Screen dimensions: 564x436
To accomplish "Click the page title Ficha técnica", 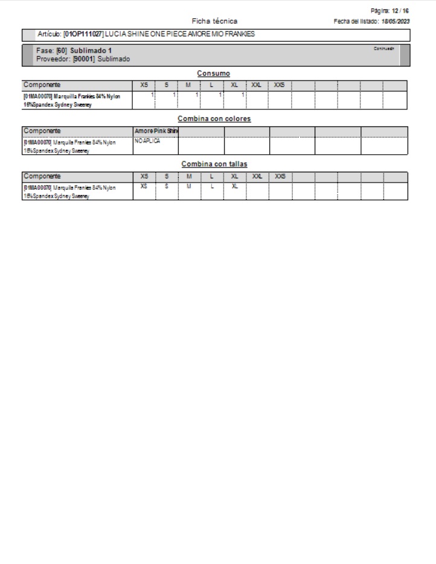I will pyautogui.click(x=214, y=21).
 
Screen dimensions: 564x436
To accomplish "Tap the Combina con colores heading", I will pyautogui.click(x=214, y=119).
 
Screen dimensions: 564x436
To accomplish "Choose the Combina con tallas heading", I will pyautogui.click(x=214, y=164).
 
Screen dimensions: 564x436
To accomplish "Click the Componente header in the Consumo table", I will pyautogui.click(x=42, y=85).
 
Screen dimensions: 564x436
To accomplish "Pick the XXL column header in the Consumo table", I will pyautogui.click(x=257, y=85).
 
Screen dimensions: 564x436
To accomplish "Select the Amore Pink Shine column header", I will pyautogui.click(x=156, y=131).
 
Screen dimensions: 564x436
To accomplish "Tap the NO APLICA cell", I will pyautogui.click(x=148, y=140).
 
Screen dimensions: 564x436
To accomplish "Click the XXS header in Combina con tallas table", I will pyautogui.click(x=280, y=176).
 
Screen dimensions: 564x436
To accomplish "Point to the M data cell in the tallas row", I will pyautogui.click(x=188, y=186).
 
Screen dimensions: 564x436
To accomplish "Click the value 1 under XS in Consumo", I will pyautogui.click(x=152, y=95).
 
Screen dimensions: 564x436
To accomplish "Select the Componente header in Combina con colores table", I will pyautogui.click(x=42, y=131).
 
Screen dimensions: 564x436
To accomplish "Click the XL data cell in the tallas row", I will pyautogui.click(x=234, y=186).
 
